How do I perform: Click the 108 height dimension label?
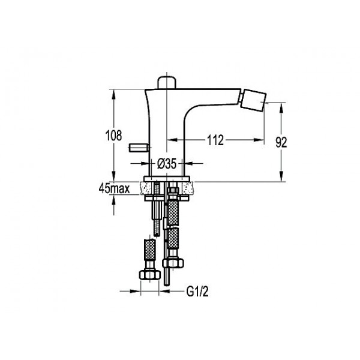point(113,136)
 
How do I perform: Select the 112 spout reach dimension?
point(215,140)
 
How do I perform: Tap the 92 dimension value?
point(281,143)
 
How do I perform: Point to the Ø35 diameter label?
point(167,164)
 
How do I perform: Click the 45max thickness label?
point(115,189)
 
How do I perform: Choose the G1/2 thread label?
point(197,292)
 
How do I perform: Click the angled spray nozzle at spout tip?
point(253,100)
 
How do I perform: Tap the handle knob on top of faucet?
point(167,82)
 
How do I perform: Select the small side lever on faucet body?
point(139,148)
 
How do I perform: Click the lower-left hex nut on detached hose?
point(149,275)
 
